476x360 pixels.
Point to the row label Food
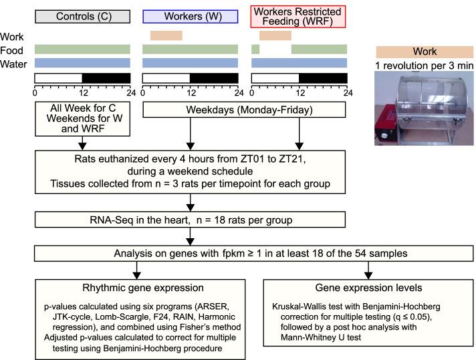(x=13, y=49)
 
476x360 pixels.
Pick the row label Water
(x=14, y=62)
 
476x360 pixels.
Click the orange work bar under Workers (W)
(x=166, y=35)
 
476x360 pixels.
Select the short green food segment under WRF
(x=255, y=49)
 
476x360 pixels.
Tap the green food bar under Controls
(x=82, y=49)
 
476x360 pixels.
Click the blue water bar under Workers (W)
(x=191, y=62)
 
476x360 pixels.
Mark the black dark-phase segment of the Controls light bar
(x=106, y=78)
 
